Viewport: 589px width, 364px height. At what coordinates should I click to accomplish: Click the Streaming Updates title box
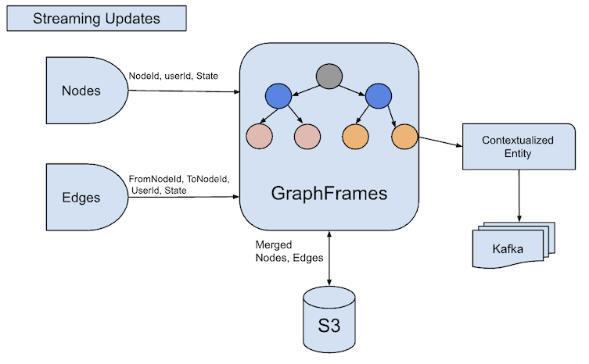[x=96, y=17]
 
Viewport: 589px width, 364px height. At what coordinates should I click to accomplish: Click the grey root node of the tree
[x=329, y=77]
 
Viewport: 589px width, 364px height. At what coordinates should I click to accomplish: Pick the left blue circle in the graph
[x=278, y=97]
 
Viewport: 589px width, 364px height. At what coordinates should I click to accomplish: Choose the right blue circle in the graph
[x=379, y=97]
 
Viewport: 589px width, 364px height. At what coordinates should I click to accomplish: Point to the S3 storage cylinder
[x=329, y=321]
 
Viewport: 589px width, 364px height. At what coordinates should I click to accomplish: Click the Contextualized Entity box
[x=517, y=148]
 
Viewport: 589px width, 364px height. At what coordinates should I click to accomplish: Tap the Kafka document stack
[x=513, y=248]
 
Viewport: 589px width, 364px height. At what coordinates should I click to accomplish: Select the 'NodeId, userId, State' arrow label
[x=174, y=76]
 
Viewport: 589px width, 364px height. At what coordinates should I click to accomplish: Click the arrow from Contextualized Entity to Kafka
[x=518, y=195]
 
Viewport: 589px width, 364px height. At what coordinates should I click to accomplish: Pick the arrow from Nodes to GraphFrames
[x=183, y=91]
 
